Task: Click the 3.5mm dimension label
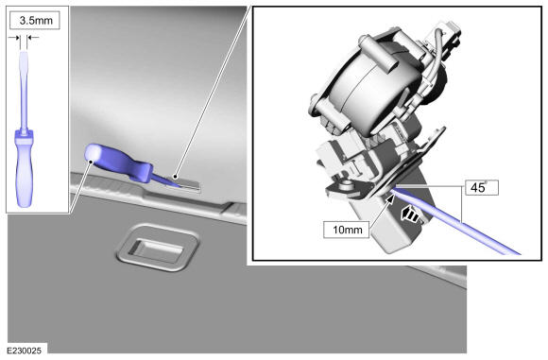click(x=35, y=20)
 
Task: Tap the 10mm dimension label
click(x=347, y=230)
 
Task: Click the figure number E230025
click(x=25, y=351)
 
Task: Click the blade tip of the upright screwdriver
click(x=24, y=53)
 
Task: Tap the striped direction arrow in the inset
click(x=410, y=214)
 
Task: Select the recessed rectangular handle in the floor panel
click(x=157, y=248)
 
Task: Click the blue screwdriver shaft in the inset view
click(x=454, y=221)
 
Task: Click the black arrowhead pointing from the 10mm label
click(x=390, y=199)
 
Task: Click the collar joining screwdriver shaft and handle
click(x=25, y=132)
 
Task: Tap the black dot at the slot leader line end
click(x=175, y=177)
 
